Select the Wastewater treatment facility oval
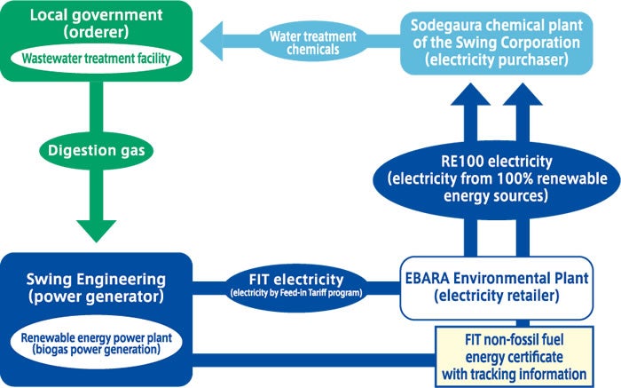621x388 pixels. [97, 59]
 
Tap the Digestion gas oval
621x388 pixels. [97, 152]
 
